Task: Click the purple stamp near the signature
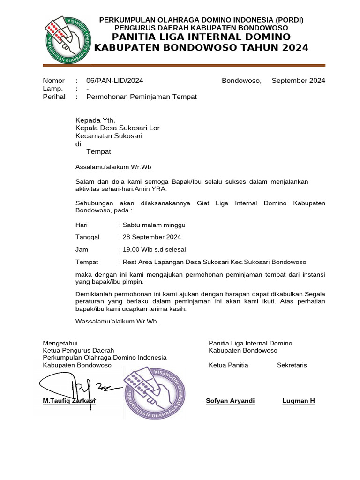154,393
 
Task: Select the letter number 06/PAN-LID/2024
115,81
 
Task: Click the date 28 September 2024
151,237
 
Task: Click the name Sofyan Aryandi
230,401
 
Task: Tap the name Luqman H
298,401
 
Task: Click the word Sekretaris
292,365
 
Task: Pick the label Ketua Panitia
228,365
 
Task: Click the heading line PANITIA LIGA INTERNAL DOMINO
202,37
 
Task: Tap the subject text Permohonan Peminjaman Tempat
142,97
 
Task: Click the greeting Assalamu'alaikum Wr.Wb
113,166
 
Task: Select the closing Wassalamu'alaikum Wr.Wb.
117,321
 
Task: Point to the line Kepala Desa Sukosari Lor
118,128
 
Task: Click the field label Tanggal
88,237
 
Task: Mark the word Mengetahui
60,343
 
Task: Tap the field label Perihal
54,97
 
